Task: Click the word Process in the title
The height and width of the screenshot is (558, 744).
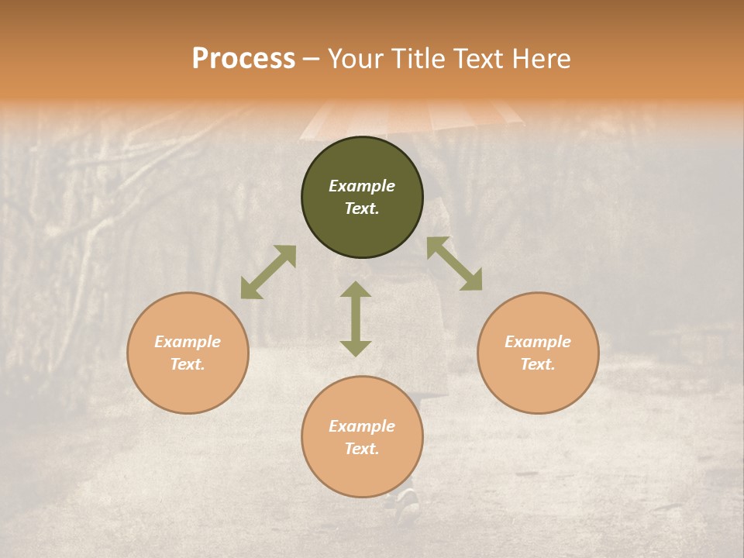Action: [x=243, y=59]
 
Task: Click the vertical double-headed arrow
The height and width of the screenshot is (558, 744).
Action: [x=356, y=319]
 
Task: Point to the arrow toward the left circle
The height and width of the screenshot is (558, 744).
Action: [x=268, y=272]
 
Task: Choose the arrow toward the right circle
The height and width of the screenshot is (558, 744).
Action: [x=454, y=263]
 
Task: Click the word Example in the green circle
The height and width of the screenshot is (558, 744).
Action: [x=362, y=186]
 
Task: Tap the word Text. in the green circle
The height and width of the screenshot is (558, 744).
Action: [x=362, y=208]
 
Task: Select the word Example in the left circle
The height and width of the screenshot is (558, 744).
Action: [x=188, y=342]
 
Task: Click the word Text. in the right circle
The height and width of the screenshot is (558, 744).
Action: [x=538, y=364]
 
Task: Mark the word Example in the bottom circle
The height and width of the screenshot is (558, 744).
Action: [x=362, y=426]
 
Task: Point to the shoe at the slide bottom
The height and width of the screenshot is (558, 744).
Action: [x=408, y=502]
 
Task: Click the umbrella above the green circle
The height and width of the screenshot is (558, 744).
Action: [x=411, y=116]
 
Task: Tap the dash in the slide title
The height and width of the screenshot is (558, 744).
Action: [x=312, y=59]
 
